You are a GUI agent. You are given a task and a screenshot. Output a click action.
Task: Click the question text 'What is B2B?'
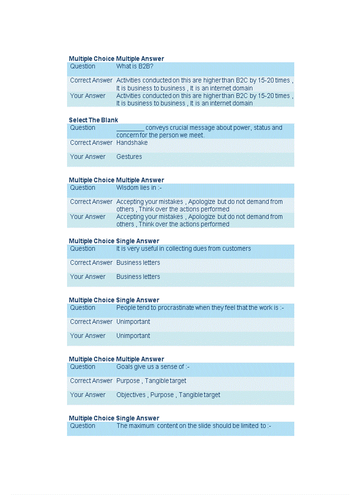[135, 67]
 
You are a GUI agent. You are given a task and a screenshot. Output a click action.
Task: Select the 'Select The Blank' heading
[94, 120]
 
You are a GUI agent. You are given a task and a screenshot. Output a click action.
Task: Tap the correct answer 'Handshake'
[132, 143]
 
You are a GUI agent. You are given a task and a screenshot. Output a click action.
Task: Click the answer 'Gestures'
[129, 157]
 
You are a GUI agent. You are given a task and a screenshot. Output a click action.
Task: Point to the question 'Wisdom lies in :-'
[136, 188]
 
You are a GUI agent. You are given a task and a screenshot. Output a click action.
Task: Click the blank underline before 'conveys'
[130, 128]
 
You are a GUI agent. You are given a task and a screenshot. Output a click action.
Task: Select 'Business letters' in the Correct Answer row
[138, 263]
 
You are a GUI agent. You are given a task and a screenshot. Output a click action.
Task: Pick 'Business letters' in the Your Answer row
[138, 277]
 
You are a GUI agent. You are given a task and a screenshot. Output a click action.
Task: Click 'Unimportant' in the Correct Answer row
[133, 322]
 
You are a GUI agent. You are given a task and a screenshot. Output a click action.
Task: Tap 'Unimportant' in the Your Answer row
[133, 336]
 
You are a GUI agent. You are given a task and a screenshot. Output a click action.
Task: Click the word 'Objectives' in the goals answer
[131, 395]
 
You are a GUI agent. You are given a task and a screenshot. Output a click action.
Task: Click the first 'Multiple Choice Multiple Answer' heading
[116, 59]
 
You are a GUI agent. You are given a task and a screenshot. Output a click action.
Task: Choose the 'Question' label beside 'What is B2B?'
[82, 67]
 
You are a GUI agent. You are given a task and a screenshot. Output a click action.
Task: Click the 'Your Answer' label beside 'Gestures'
[88, 157]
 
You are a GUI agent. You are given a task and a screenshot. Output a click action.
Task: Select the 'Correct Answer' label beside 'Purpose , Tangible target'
[91, 381]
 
